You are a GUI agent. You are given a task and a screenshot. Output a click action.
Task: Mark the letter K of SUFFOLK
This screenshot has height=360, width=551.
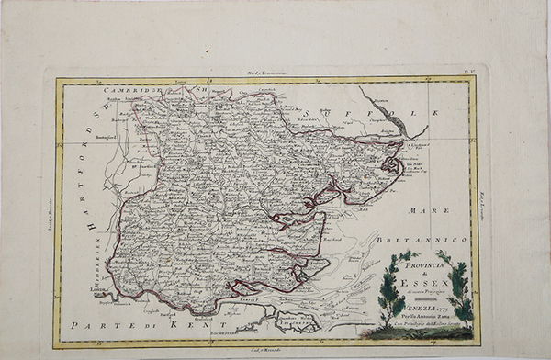coord(437,113)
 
